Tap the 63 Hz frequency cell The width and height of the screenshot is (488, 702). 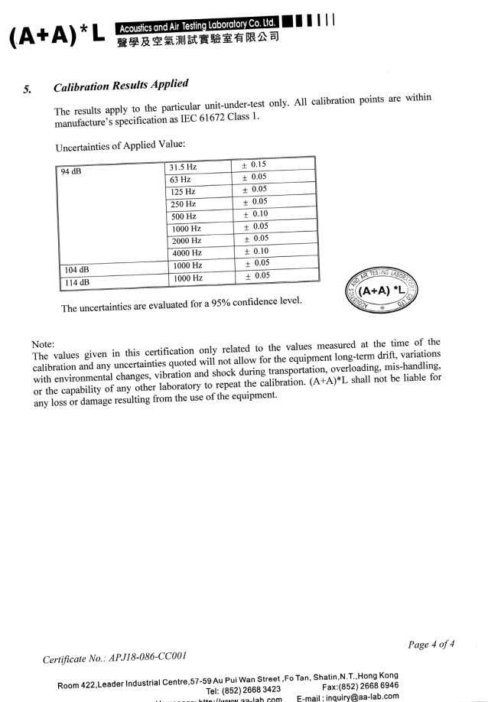[x=179, y=179]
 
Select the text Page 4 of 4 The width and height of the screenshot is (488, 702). [x=431, y=644]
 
